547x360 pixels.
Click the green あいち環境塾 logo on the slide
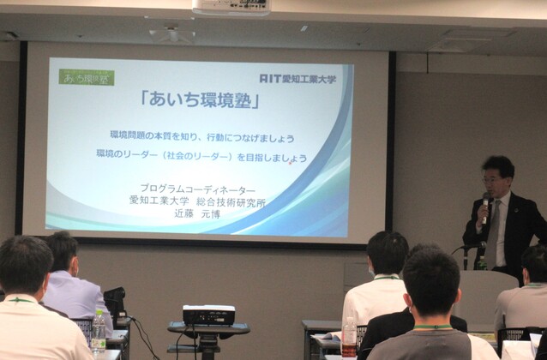tap(87, 76)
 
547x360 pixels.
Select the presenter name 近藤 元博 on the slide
tap(197, 213)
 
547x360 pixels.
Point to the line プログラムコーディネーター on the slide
tap(197, 189)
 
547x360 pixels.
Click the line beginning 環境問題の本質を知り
tap(202, 137)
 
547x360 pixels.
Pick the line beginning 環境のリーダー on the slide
tap(202, 158)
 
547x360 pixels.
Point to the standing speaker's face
tap(495, 178)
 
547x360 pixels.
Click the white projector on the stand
tap(208, 315)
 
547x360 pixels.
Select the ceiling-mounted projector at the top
tap(231, 7)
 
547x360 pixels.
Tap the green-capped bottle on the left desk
tap(99, 329)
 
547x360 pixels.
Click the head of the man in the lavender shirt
tap(62, 251)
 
